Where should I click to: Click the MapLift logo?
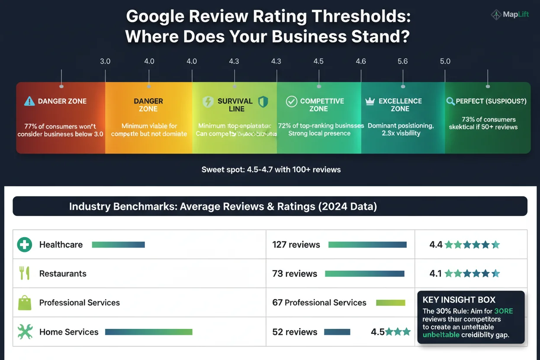point(511,15)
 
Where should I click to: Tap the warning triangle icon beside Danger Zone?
point(29,101)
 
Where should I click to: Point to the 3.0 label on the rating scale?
point(105,61)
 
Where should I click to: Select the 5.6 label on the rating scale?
point(402,61)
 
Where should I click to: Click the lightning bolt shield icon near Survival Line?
point(208,102)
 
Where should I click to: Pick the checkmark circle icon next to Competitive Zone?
point(292,101)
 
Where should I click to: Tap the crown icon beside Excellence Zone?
point(370,101)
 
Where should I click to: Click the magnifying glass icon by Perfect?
point(450,101)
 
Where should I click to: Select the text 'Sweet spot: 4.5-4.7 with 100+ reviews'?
point(271,170)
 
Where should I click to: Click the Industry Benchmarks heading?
point(223,206)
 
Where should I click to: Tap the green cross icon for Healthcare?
point(25,244)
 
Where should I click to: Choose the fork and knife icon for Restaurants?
point(24,273)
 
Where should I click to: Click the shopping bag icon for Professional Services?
point(25,302)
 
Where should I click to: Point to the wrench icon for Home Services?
point(25,332)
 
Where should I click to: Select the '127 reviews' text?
point(296,244)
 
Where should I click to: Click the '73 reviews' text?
point(295,273)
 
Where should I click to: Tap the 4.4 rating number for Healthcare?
point(436,245)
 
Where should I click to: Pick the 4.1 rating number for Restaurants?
point(435,273)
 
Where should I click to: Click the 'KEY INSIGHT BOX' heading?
point(459,300)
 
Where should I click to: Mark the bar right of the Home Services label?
point(148,332)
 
